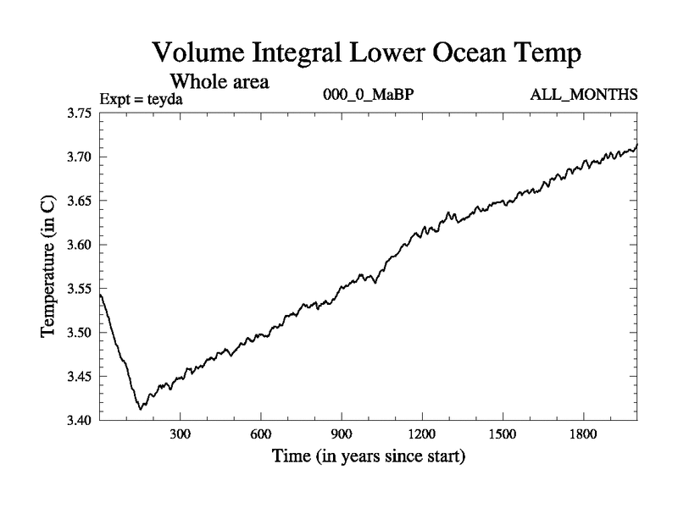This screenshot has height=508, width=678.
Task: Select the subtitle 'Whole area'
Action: pos(220,82)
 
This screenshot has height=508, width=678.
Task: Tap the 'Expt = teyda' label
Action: pos(142,98)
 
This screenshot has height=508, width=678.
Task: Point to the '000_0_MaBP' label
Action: pos(368,95)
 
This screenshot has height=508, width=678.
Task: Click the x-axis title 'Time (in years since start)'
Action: pos(368,457)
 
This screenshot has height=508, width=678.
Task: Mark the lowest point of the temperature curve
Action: pos(140,409)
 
